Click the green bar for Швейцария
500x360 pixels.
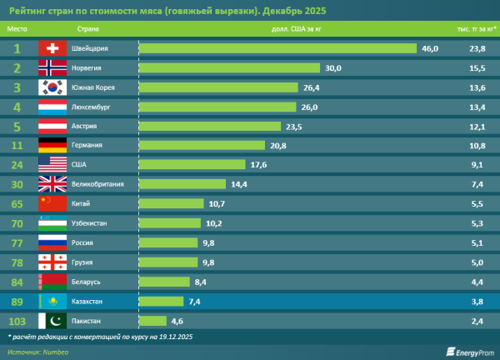277,48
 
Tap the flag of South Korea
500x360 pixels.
52,87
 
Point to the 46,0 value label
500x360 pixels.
430,48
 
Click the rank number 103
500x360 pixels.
17,321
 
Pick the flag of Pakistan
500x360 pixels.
52,321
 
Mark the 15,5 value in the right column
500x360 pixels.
477,68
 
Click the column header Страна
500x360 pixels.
76,28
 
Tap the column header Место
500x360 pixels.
17,28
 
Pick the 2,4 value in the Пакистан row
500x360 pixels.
477,321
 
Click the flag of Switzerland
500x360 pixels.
52,48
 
